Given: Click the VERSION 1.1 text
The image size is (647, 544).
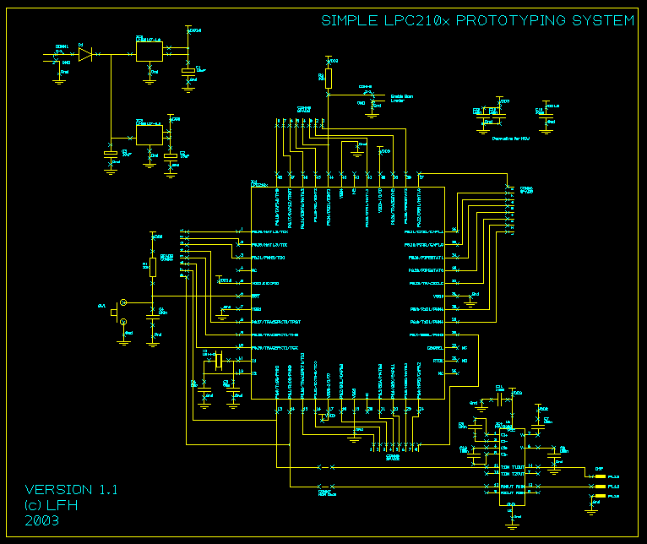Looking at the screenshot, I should [x=71, y=489].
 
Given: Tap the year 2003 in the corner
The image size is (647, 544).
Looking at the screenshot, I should [x=41, y=520].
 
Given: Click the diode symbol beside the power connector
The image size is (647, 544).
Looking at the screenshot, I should [x=84, y=56].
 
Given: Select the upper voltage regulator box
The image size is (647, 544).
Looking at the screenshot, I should [x=149, y=51].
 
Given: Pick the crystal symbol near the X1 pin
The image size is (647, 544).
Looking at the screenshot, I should [x=218, y=362].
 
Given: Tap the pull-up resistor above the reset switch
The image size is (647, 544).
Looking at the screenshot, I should [x=153, y=268].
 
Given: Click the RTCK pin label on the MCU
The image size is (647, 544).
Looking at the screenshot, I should [x=438, y=360].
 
